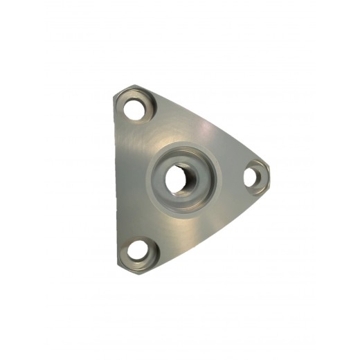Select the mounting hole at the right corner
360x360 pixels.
point(255,175)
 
